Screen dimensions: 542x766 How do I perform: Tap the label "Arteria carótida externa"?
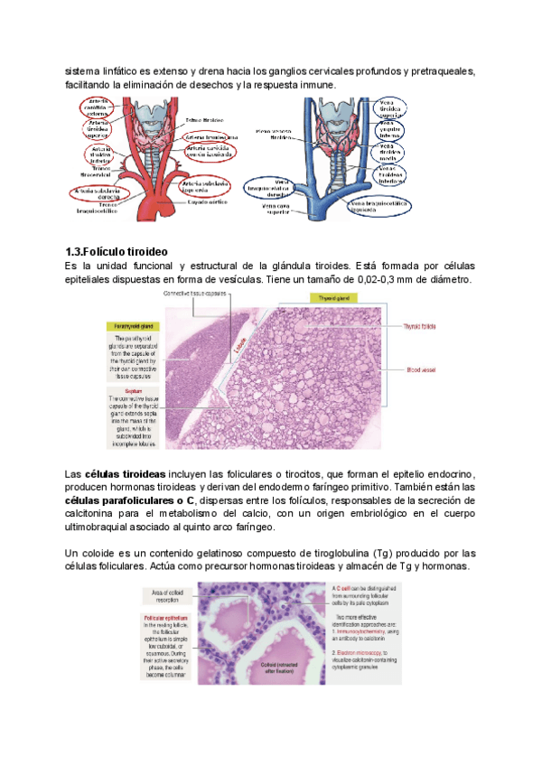click(x=100, y=108)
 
